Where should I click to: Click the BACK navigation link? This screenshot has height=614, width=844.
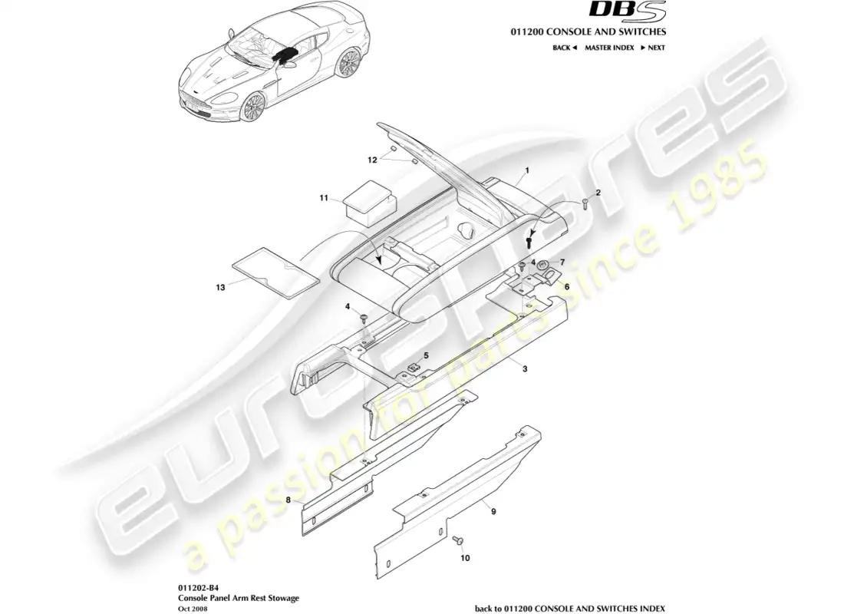564,48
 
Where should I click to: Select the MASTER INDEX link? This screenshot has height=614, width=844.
609,48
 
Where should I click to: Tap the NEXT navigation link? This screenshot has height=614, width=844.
652,48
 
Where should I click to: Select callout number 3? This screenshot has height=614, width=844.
525,369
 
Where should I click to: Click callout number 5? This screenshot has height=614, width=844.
427,355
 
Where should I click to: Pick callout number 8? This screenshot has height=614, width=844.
288,500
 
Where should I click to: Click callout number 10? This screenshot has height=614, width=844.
464,559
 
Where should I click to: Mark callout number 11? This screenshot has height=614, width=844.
324,198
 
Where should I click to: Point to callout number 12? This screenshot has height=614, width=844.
372,160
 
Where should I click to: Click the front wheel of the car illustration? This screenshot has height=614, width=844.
252,107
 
